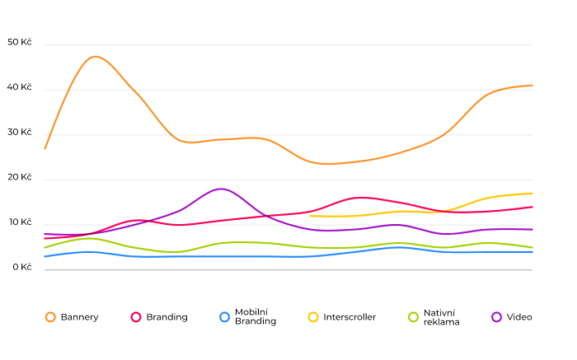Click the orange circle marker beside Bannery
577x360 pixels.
click(50, 317)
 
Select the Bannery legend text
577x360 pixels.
click(79, 317)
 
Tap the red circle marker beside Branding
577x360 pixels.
click(136, 317)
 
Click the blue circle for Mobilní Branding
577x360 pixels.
click(224, 317)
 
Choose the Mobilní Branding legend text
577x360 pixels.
click(256, 317)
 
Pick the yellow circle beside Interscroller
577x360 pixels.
click(313, 317)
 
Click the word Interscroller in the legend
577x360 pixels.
click(349, 317)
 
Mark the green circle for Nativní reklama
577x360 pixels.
click(414, 317)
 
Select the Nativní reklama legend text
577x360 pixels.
click(442, 317)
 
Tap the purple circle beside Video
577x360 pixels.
click(496, 317)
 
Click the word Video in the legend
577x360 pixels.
click(519, 317)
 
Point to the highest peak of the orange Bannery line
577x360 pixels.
click(96, 56)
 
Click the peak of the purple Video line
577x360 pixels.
click(221, 189)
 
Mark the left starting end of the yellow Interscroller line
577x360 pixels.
click(310, 216)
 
